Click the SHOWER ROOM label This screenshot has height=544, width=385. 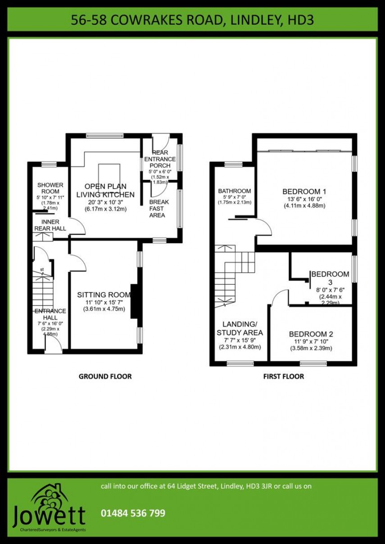[x=50, y=188]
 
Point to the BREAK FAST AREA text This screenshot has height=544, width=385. [x=159, y=209]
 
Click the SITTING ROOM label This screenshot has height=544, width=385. [x=104, y=295]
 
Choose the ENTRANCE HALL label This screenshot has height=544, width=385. [x=50, y=314]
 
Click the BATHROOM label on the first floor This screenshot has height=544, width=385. [x=234, y=191]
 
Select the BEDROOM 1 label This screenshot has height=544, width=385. [x=304, y=192]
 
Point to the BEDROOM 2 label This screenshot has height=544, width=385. [x=311, y=334]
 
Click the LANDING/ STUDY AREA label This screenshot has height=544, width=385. [x=240, y=328]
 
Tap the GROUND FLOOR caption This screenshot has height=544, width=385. [x=105, y=376]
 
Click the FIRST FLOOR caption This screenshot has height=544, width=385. [x=283, y=376]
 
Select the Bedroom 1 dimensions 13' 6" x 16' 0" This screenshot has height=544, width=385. [x=304, y=199]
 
